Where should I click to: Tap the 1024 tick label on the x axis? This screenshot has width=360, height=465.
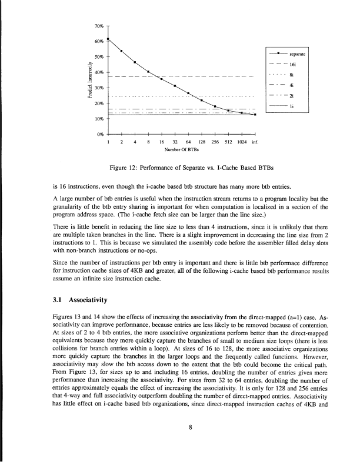coord(241,142)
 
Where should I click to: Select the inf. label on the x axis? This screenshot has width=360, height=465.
coord(255,142)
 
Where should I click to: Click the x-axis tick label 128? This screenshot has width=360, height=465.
coord(201,142)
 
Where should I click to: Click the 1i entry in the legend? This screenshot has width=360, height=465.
coord(292,106)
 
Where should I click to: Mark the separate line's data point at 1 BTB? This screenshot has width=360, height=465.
coord(109,39)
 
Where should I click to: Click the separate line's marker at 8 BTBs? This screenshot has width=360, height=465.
coord(148,72)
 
